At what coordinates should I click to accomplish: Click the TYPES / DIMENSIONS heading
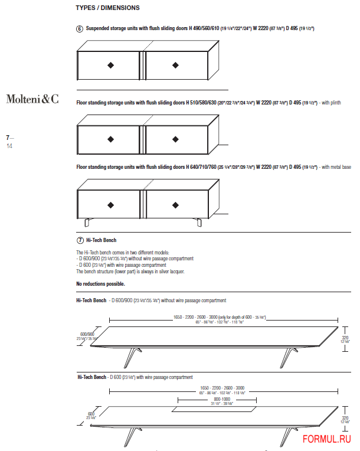coord(108,8)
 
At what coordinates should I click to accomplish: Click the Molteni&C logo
coord(32,99)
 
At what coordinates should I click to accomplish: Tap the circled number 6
coord(80,28)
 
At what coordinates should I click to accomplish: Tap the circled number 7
coord(80,240)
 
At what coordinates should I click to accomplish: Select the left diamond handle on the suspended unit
coord(110,65)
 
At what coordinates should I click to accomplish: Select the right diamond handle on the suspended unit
coord(175,65)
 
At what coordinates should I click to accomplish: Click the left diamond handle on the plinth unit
coord(110,139)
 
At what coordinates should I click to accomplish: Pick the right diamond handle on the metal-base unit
coord(175,205)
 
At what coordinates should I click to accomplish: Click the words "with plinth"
coord(330,103)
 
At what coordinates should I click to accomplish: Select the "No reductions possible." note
coord(100,284)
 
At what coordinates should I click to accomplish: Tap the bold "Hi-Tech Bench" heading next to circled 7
coord(101,240)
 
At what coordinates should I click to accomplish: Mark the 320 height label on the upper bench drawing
coord(347,331)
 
